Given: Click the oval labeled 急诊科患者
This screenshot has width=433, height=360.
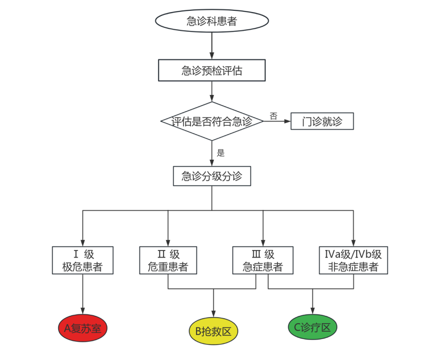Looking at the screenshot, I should click(212, 21).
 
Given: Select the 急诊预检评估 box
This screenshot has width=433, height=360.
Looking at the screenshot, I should click(212, 71).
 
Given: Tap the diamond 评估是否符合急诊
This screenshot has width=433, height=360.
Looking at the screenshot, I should click(212, 122).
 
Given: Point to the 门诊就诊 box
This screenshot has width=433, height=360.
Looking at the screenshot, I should click(322, 122).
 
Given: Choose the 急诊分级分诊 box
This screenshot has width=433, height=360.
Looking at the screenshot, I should click(212, 177).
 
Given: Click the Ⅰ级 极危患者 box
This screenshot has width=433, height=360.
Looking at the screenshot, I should click(83, 260).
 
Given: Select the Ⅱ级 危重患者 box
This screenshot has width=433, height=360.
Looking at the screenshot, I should click(168, 260).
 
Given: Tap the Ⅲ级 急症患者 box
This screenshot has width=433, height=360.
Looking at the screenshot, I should click(263, 260).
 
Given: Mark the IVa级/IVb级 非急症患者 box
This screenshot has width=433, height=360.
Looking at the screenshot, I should click(353, 260).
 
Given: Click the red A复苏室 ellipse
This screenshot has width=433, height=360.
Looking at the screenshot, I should click(83, 328).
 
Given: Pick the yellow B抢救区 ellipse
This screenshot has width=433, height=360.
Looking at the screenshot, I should click(213, 332).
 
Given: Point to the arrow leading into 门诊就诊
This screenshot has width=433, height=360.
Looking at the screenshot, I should click(278, 122).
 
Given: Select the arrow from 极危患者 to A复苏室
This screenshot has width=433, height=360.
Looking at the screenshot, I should click(83, 293).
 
